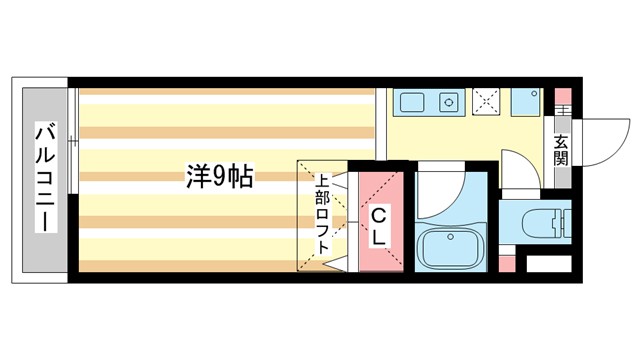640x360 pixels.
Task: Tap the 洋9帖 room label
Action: coord(218,177)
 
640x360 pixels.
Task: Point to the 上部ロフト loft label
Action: coord(323,218)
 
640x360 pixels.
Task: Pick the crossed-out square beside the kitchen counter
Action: coord(487,102)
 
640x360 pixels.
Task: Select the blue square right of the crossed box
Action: coord(525,102)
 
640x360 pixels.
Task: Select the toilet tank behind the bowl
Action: coord(561,221)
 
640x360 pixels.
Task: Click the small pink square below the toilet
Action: coord(506,264)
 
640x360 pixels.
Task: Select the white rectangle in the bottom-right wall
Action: coord(548,265)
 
